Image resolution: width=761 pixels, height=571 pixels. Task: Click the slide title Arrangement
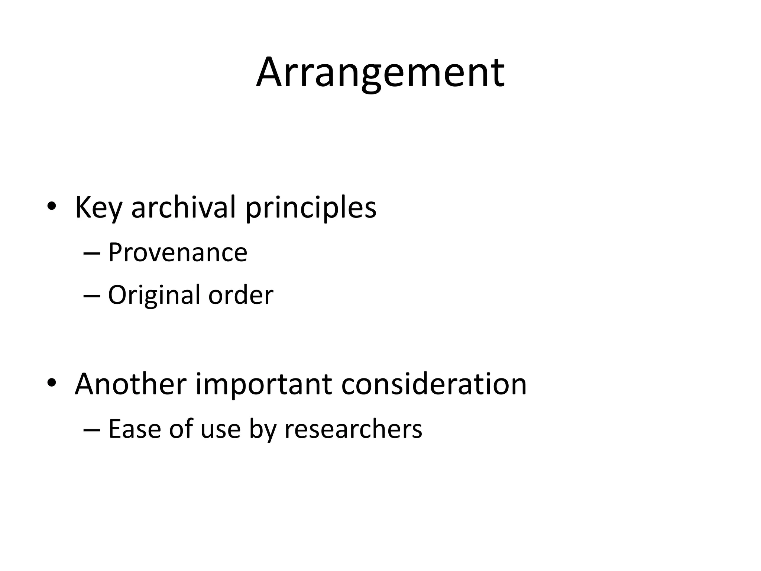coord(380,72)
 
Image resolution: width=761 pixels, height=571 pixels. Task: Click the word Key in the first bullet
coord(98,207)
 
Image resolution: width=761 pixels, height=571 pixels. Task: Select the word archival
coord(184,207)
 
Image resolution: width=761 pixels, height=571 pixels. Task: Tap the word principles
coord(311,207)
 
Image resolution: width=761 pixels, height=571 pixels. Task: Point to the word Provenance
coord(178,252)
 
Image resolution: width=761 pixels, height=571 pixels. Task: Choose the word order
coord(241,295)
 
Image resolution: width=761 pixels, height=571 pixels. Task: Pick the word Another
coord(130,384)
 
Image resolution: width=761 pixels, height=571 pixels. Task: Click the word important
coord(263,384)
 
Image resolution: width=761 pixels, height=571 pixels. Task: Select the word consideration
coord(434,384)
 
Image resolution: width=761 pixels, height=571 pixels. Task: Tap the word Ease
coord(134,429)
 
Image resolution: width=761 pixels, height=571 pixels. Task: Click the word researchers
coord(353,429)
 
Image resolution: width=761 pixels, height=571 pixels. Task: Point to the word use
coord(221,429)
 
